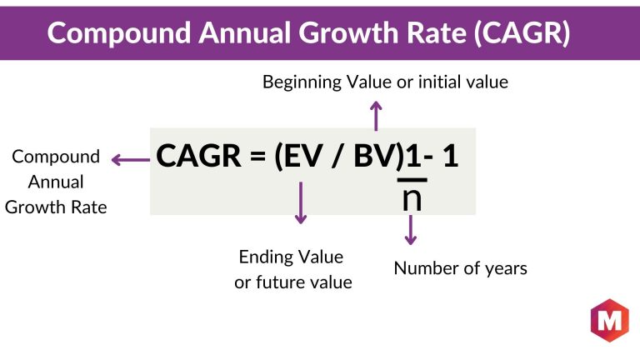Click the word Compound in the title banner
[119, 33]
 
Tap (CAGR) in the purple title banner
[522, 32]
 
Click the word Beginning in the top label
[302, 82]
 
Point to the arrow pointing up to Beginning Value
[376, 117]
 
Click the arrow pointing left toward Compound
[131, 160]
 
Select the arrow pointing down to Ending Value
[301, 202]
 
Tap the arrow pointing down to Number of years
[411, 230]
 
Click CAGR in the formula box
[199, 156]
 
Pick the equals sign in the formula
[258, 157]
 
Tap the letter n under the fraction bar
[412, 199]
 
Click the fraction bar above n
[412, 180]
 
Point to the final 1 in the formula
[451, 156]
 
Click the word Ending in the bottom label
[266, 257]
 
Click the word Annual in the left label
[56, 182]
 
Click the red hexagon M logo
[610, 320]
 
